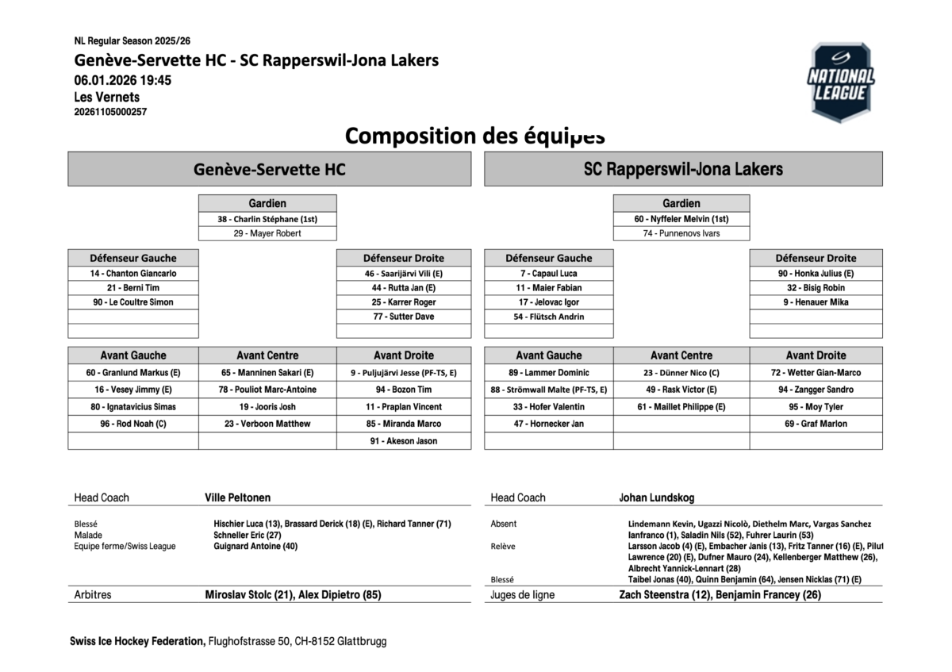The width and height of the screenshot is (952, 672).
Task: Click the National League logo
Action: (840, 82)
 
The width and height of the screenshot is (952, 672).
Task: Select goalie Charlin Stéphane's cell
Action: (267, 219)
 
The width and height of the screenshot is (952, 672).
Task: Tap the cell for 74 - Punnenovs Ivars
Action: (681, 233)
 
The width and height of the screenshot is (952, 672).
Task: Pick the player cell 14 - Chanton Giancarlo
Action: (133, 273)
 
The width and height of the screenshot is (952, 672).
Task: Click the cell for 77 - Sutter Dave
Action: (403, 317)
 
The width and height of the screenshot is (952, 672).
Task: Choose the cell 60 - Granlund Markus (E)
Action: (133, 372)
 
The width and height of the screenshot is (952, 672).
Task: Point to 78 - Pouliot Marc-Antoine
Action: (267, 390)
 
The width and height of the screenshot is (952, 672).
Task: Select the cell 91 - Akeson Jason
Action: (403, 441)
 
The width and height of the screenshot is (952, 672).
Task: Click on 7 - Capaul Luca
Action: (548, 273)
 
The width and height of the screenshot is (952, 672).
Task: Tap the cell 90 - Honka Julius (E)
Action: (816, 273)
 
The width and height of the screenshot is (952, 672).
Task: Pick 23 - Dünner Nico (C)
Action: (681, 372)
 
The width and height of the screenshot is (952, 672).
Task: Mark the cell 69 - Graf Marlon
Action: (816, 424)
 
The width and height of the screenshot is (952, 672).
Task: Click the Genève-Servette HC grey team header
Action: (270, 169)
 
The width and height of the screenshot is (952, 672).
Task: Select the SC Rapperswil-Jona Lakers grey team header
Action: (683, 169)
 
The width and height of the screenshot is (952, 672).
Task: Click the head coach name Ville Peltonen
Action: (238, 497)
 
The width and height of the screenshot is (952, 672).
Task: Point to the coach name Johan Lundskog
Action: (657, 497)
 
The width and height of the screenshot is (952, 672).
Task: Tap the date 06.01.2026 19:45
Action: (123, 80)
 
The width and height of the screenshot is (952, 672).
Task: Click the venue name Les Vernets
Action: (106, 97)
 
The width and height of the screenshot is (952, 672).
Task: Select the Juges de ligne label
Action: (522, 595)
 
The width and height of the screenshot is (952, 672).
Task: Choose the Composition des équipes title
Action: (474, 136)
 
